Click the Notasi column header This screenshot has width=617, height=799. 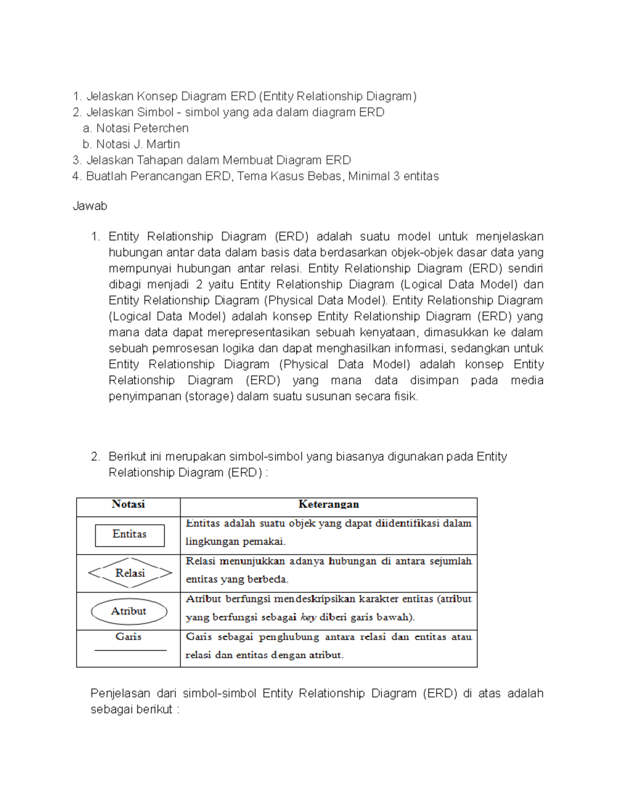click(x=128, y=504)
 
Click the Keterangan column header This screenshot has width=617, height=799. click(x=329, y=504)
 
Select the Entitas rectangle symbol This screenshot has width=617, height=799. click(x=130, y=535)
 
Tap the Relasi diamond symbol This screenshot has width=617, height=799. click(x=130, y=573)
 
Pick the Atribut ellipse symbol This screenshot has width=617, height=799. click(x=129, y=611)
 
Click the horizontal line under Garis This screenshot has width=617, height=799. click(x=131, y=650)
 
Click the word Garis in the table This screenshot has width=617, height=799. click(x=128, y=637)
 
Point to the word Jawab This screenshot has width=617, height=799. click(x=90, y=206)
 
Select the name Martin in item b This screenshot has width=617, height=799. click(x=163, y=144)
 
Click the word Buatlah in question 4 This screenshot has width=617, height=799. click(x=106, y=176)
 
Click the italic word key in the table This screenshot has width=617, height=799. click(x=308, y=617)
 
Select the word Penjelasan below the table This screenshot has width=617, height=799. click(x=120, y=694)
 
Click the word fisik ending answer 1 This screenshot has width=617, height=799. click(x=406, y=397)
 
